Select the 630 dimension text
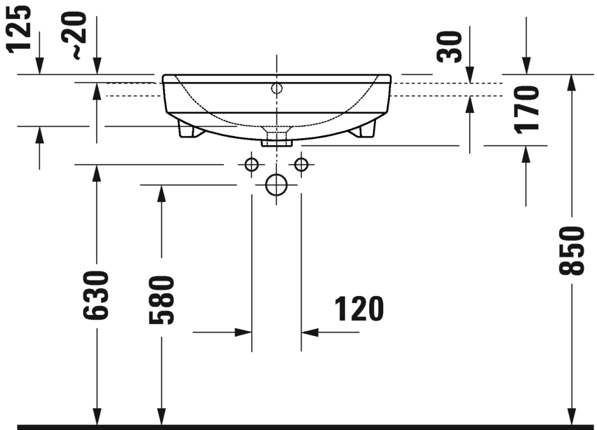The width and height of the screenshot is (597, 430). click(x=97, y=295)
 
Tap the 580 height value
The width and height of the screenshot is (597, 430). click(x=161, y=300)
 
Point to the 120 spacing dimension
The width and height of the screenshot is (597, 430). click(x=358, y=309)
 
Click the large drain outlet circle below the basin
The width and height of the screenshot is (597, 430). click(x=276, y=185)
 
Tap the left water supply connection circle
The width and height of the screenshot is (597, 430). click(x=251, y=164)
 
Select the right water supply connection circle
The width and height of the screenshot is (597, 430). click(x=302, y=164)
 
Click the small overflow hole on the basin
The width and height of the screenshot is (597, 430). click(x=276, y=88)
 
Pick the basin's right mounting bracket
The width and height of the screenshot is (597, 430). click(x=365, y=130)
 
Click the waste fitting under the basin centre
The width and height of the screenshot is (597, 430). click(x=276, y=136)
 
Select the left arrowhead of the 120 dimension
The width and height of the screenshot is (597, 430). click(x=243, y=331)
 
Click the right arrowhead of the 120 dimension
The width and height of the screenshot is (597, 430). click(x=309, y=331)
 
